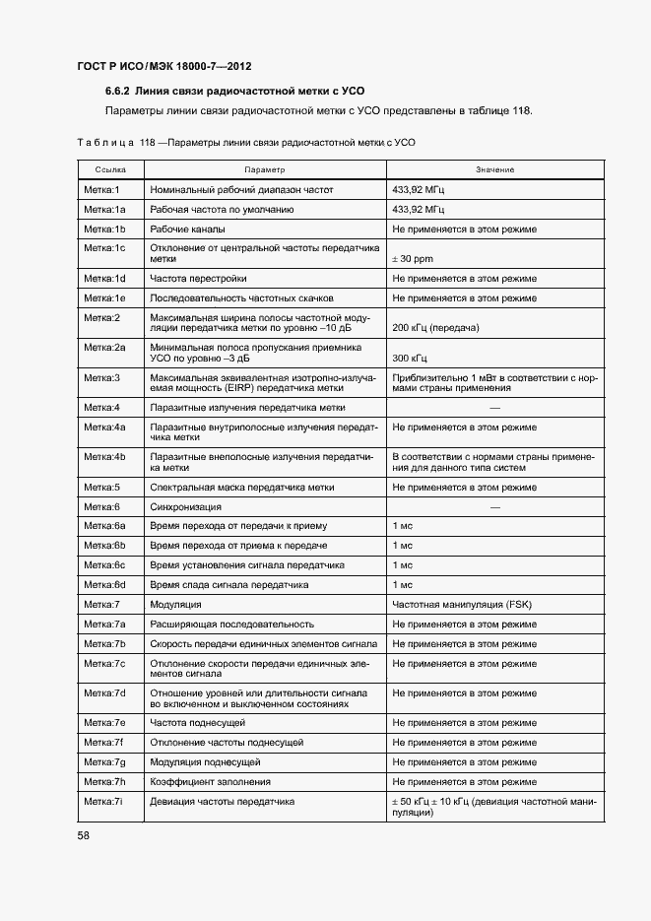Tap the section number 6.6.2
click(x=121, y=91)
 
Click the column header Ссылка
click(x=110, y=170)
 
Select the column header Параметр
click(x=264, y=170)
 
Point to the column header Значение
click(x=494, y=170)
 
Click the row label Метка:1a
click(x=104, y=209)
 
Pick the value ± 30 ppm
click(x=413, y=259)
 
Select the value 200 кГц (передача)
click(x=435, y=327)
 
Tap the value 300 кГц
click(x=411, y=359)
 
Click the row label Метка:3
click(x=101, y=377)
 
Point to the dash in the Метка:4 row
click(x=494, y=407)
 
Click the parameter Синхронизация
click(x=185, y=505)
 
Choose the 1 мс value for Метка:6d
click(x=402, y=584)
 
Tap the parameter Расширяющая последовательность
click(x=231, y=624)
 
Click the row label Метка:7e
click(x=104, y=722)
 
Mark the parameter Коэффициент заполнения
click(x=210, y=781)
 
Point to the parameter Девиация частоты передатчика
click(x=222, y=801)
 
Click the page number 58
click(x=84, y=836)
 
